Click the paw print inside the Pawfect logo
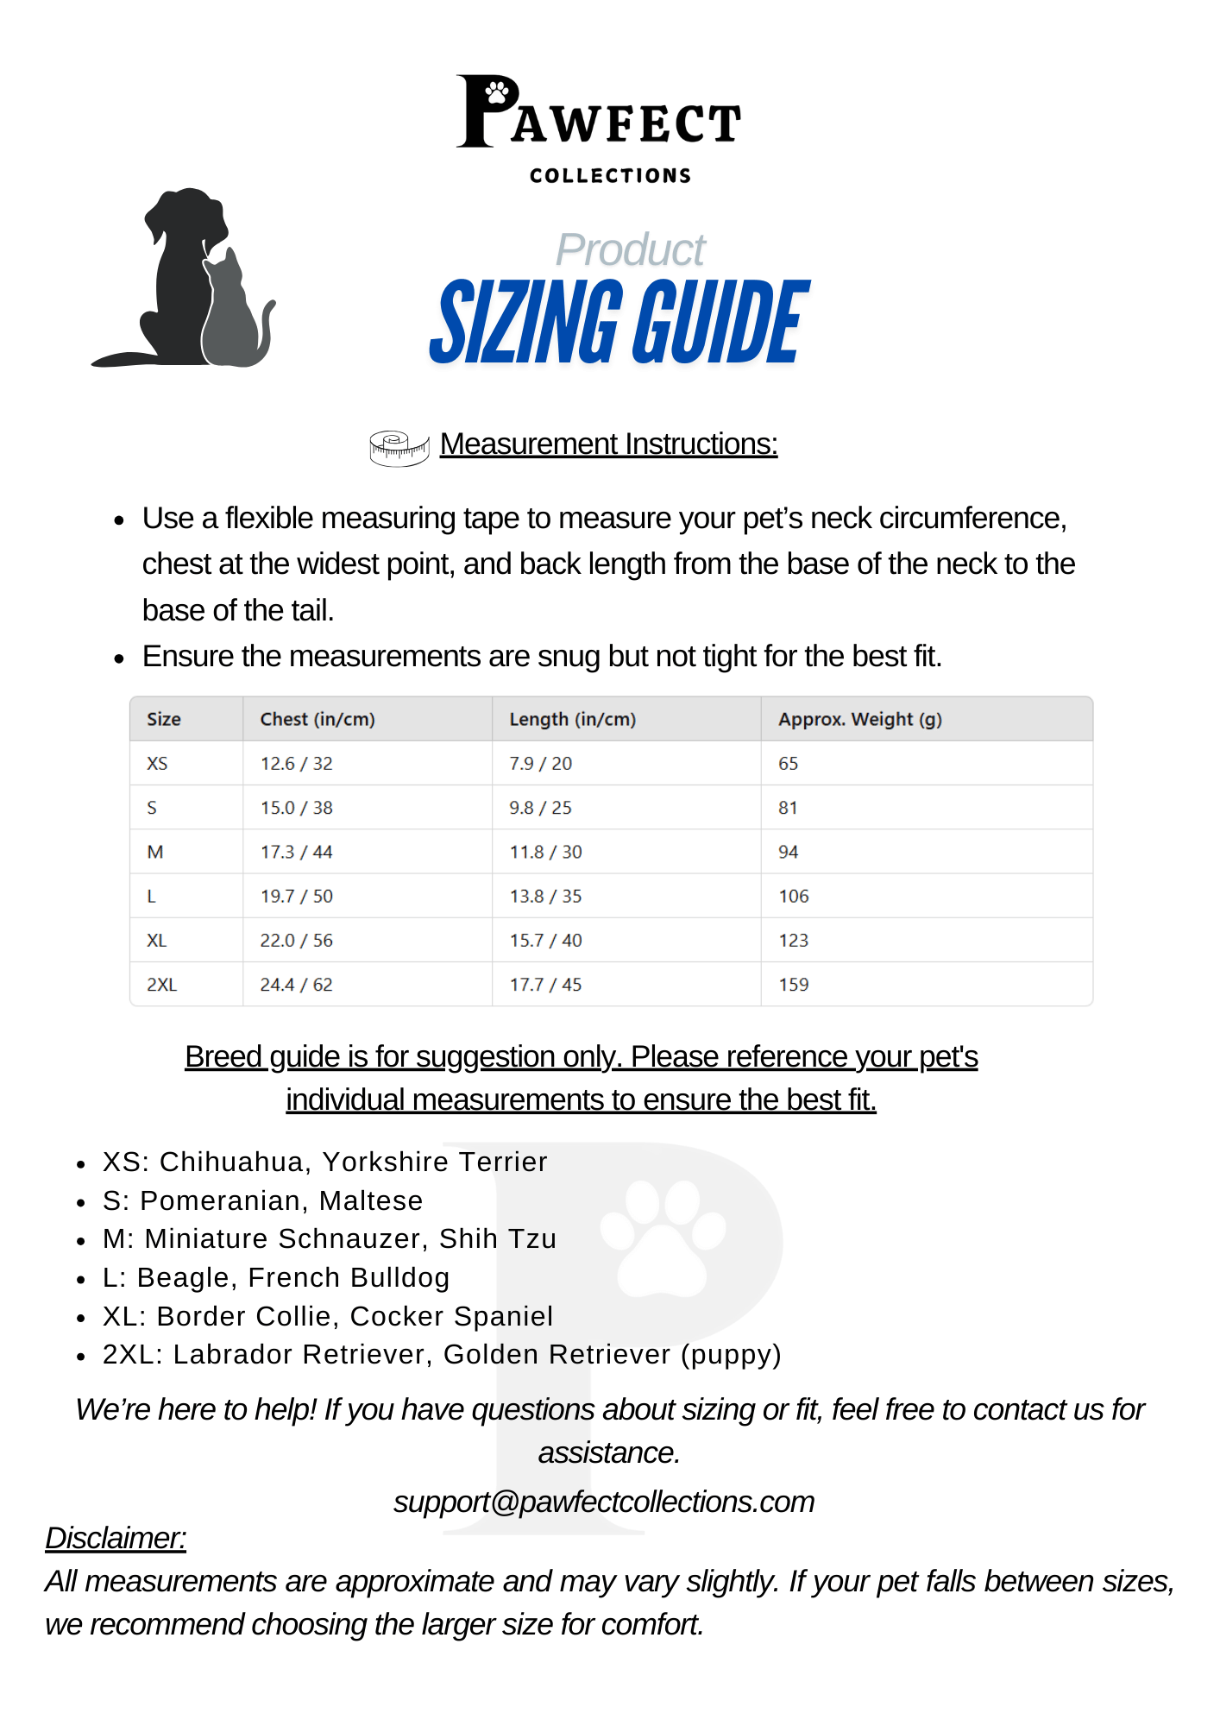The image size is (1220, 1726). [497, 91]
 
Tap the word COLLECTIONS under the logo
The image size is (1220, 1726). [610, 176]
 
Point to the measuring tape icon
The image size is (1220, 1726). [399, 448]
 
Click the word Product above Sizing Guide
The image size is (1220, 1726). [630, 250]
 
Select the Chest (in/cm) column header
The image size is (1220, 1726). [318, 720]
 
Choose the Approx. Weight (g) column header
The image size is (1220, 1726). [859, 720]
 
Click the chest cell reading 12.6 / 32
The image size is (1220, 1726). [296, 764]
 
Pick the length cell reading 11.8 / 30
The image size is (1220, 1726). [545, 853]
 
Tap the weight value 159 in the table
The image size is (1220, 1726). [793, 985]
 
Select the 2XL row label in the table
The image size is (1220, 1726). [161, 985]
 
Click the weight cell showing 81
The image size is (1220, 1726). [788, 808]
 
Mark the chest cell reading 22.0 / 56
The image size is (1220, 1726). [296, 941]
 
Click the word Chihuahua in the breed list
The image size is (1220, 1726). [230, 1162]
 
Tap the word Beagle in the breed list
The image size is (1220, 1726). [185, 1278]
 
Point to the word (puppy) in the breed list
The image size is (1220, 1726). [731, 1355]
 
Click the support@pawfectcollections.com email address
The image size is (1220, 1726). [604, 1502]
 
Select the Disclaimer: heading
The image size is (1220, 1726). [116, 1539]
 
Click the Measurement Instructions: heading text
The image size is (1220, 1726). [608, 444]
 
